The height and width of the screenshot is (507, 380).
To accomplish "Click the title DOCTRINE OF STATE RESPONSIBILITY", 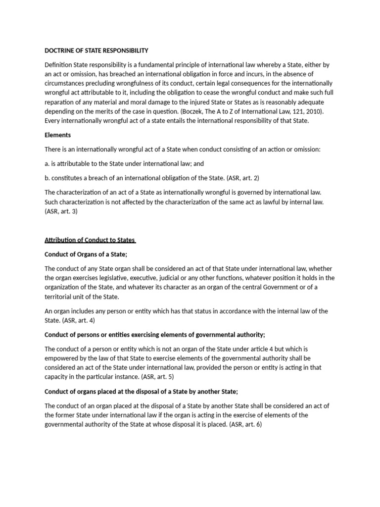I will [x=96, y=51].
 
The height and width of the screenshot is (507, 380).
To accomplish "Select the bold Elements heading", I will [x=58, y=135].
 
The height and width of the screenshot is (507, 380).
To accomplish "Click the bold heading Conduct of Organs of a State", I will [x=86, y=254].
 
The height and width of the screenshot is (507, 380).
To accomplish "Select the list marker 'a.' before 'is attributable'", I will [x=47, y=163].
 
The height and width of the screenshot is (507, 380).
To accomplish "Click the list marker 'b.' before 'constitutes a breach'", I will [x=47, y=178].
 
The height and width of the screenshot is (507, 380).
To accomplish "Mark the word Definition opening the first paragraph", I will [x=58, y=64].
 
